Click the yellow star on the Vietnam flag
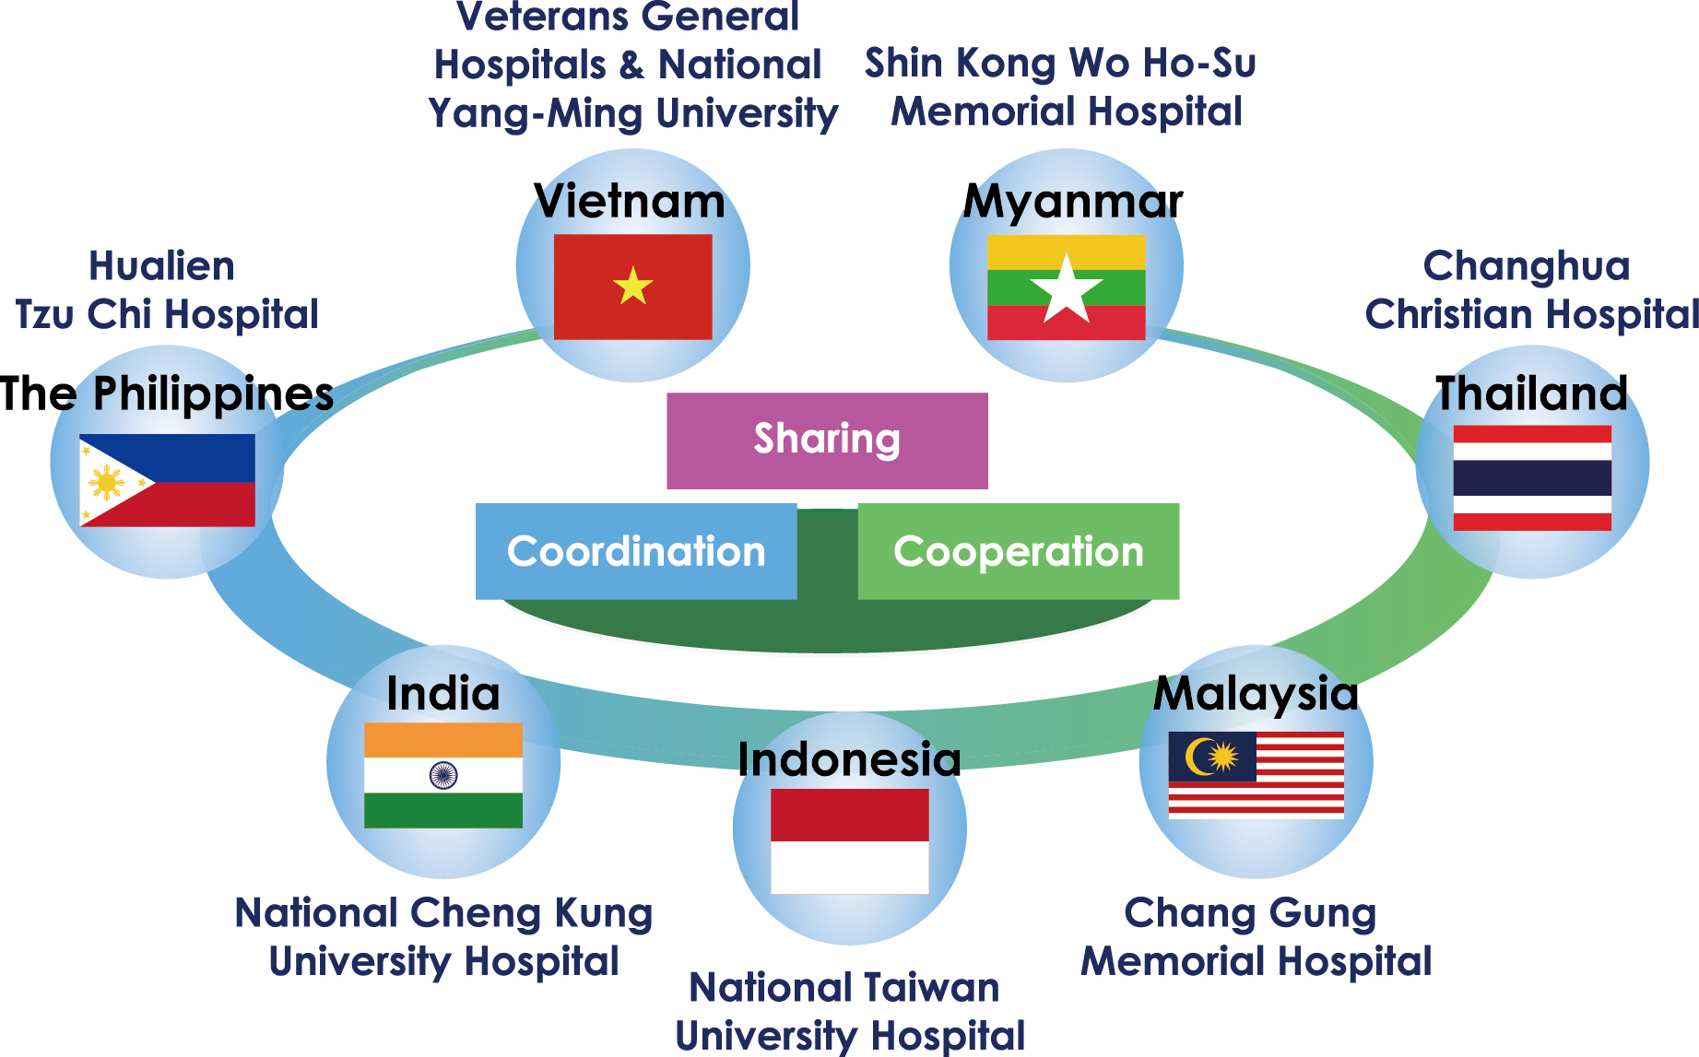(x=633, y=286)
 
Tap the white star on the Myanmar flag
(x=1067, y=288)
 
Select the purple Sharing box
(x=827, y=440)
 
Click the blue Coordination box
(x=636, y=551)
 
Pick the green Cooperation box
(x=1018, y=551)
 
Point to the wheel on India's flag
(x=443, y=775)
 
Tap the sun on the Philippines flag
(x=107, y=481)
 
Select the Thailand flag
(x=1532, y=477)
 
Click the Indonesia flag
(x=849, y=840)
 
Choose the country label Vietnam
(x=631, y=201)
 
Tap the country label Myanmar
(x=1073, y=201)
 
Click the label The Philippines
(x=167, y=393)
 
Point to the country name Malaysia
(x=1256, y=693)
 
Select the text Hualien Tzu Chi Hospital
(x=166, y=290)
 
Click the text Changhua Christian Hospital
(x=1531, y=290)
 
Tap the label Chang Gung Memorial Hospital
(x=1256, y=937)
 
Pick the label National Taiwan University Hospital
(x=849, y=1011)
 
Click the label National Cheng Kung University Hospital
(x=443, y=937)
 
